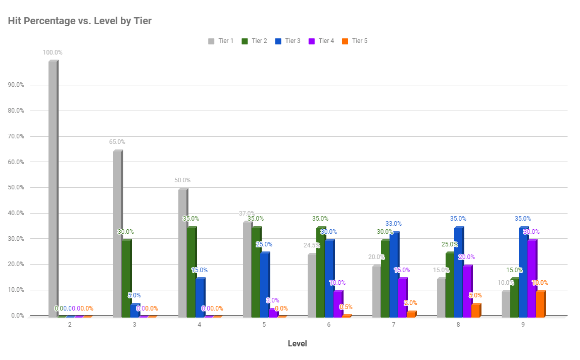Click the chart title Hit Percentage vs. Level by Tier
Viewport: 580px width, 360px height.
point(80,21)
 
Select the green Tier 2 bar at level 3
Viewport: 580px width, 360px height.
point(126,278)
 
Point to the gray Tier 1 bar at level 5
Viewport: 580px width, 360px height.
point(247,269)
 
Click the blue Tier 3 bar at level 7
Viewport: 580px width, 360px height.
point(394,275)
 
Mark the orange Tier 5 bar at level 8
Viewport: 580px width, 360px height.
point(475,311)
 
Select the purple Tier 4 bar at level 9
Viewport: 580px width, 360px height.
point(531,279)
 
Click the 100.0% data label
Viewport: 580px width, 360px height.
point(53,53)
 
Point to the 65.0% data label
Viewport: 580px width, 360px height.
point(117,142)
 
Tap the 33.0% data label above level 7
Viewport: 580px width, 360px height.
point(393,224)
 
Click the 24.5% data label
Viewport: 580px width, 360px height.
point(312,246)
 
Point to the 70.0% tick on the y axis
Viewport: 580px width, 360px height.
point(16,136)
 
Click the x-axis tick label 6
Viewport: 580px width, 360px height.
point(329,325)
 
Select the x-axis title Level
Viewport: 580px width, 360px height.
point(297,344)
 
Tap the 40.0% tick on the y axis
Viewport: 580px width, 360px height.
point(16,213)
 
